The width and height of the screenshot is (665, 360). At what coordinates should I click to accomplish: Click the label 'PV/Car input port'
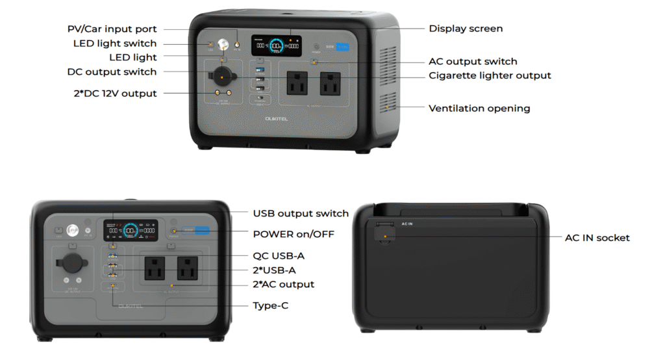tap(112, 29)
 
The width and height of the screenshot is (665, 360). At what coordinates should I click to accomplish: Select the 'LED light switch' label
tap(115, 44)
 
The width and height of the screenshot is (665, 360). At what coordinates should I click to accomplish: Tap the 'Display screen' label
tap(466, 29)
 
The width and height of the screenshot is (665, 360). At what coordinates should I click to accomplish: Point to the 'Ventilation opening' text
tap(479, 109)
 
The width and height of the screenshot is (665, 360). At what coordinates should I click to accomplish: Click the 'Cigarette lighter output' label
tap(490, 75)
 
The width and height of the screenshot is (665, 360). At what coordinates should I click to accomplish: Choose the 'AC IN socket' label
tap(597, 238)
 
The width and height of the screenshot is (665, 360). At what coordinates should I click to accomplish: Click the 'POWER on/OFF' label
tap(294, 233)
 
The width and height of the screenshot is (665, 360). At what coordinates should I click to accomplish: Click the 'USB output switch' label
tap(301, 213)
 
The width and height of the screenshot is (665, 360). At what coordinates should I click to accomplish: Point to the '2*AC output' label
tap(283, 284)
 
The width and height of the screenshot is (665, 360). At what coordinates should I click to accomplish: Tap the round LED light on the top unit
tap(223, 45)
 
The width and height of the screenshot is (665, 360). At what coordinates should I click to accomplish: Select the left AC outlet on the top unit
tap(298, 83)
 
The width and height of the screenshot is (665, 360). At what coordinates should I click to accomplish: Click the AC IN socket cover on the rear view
tap(384, 232)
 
